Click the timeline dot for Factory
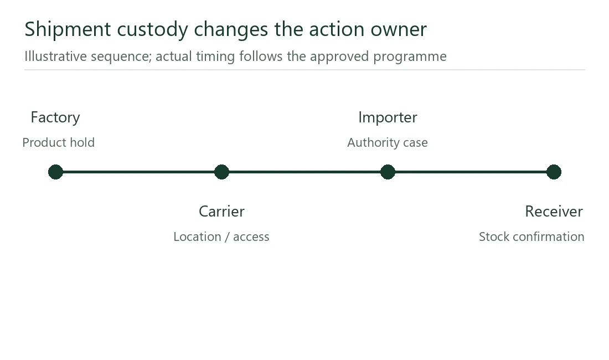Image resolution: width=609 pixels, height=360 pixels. (55, 172)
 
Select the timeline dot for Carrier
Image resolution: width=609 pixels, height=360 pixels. (222, 172)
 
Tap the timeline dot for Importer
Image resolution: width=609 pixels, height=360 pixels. (388, 172)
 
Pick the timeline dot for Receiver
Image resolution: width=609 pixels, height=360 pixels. (554, 172)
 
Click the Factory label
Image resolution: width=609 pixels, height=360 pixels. (55, 117)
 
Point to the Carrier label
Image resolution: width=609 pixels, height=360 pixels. (222, 212)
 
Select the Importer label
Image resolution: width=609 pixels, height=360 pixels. (388, 117)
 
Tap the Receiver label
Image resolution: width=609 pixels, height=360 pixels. (554, 212)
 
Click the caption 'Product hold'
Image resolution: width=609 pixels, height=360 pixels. (59, 142)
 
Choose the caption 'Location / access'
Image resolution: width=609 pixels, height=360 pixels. (221, 236)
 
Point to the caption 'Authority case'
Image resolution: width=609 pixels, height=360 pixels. (388, 142)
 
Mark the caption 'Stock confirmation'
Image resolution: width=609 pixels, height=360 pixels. (531, 236)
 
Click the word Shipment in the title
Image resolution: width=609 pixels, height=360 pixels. (68, 29)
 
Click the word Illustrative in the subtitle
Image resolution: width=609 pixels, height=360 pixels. (55, 56)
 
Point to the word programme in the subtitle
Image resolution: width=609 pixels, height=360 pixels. (410, 57)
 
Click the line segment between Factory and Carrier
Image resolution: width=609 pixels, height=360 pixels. (138, 172)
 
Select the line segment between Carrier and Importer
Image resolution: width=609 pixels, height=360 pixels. (305, 172)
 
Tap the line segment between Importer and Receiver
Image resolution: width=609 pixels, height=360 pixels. (471, 172)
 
